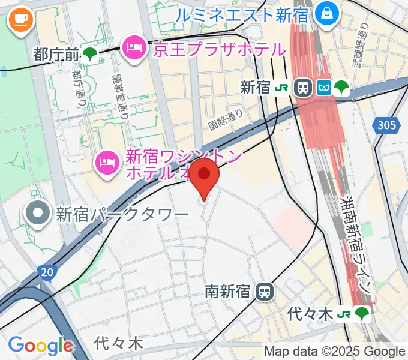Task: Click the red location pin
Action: coord(204,175)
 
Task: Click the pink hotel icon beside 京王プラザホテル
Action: coord(134,47)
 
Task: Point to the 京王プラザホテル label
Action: coord(218,48)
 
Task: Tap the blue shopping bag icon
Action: coord(328,12)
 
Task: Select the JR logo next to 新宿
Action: coord(281,88)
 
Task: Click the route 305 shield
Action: coord(388,125)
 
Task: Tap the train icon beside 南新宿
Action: coord(264,292)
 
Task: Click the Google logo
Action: coord(40,345)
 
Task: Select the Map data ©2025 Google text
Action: coord(335,352)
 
